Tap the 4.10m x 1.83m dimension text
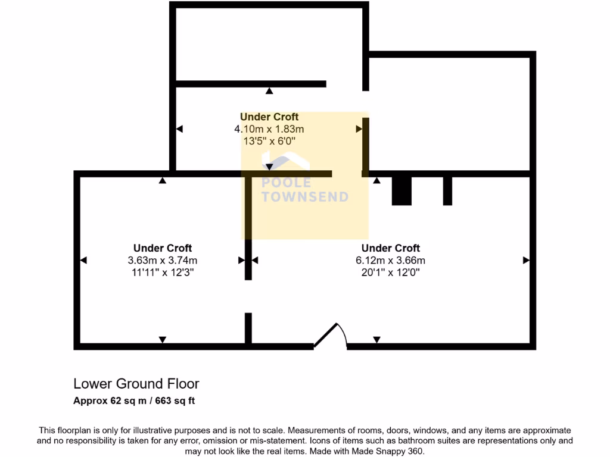point(269,129)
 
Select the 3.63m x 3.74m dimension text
point(163,260)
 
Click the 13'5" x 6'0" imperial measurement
point(269,141)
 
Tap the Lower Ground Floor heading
point(136,384)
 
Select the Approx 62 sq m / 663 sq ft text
point(134,400)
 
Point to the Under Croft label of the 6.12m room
point(391,248)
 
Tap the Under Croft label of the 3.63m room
point(163,248)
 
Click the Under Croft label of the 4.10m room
point(269,117)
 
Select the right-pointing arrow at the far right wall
point(526,260)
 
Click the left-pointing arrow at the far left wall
point(83,260)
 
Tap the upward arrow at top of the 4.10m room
point(269,91)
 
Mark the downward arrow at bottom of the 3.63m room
point(163,340)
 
